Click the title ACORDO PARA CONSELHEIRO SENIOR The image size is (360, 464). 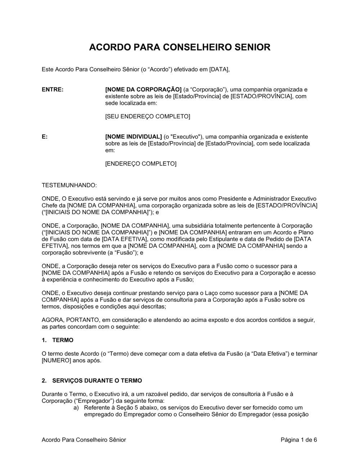pos(180,47)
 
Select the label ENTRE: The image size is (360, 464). pos(53,90)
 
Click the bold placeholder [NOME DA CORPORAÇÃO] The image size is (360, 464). pos(143,90)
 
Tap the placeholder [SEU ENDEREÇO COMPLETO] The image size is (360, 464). pos(147,117)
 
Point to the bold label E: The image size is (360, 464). pos(45,137)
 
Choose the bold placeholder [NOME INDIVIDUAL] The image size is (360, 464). pos(133,137)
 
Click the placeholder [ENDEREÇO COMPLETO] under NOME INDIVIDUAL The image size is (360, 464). pos(141,164)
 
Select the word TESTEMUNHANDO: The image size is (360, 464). pos(69,186)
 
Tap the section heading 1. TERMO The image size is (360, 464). pos(58,340)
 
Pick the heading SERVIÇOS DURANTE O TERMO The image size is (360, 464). pos(97,381)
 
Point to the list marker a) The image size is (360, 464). pos(76,408)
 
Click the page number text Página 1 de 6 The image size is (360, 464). pos(298,440)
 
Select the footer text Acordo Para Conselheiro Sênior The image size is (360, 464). pos(84,440)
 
